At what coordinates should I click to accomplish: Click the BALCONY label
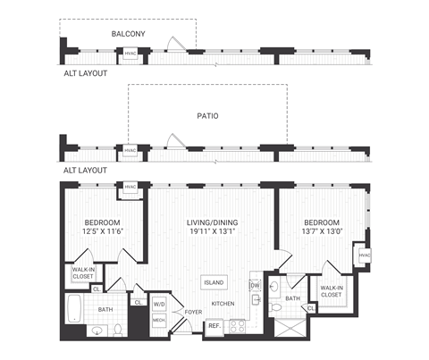(129, 34)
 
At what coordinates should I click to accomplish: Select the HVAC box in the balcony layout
(130, 53)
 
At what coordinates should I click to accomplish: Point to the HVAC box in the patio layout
(130, 150)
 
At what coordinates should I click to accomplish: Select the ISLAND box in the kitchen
(214, 282)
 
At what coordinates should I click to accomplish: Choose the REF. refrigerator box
(214, 325)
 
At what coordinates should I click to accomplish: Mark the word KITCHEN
(223, 305)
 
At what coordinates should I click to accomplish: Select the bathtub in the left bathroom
(76, 312)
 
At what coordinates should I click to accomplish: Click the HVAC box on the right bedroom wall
(364, 256)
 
